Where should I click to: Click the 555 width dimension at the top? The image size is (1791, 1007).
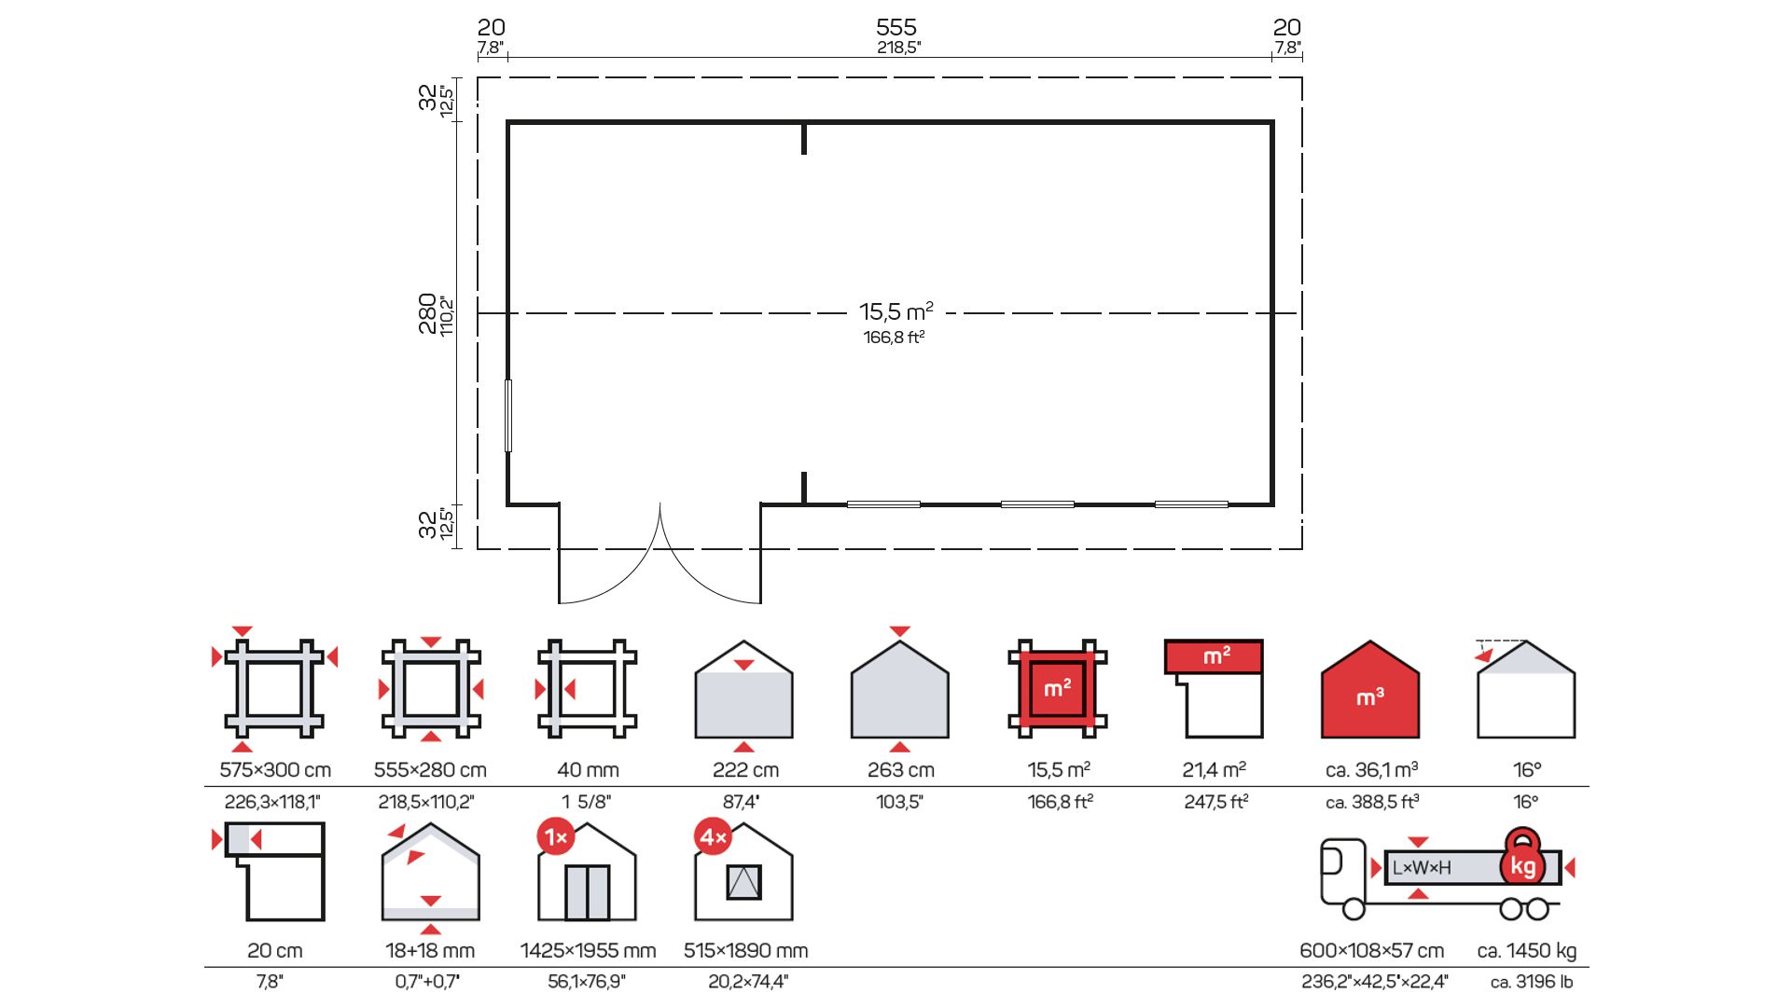pyautogui.click(x=896, y=27)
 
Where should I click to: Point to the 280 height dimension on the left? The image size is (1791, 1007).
pyautogui.click(x=427, y=313)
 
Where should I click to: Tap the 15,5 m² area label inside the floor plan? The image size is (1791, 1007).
pyautogui.click(x=896, y=311)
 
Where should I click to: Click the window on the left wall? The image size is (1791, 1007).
pyautogui.click(x=508, y=415)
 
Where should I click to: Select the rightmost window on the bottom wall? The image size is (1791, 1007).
pyautogui.click(x=1191, y=504)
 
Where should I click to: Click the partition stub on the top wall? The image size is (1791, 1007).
pyautogui.click(x=804, y=138)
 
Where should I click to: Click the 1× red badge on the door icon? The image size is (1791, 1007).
pyautogui.click(x=556, y=837)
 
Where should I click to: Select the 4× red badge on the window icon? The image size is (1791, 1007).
pyautogui.click(x=713, y=837)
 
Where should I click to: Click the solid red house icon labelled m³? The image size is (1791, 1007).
pyautogui.click(x=1370, y=690)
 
